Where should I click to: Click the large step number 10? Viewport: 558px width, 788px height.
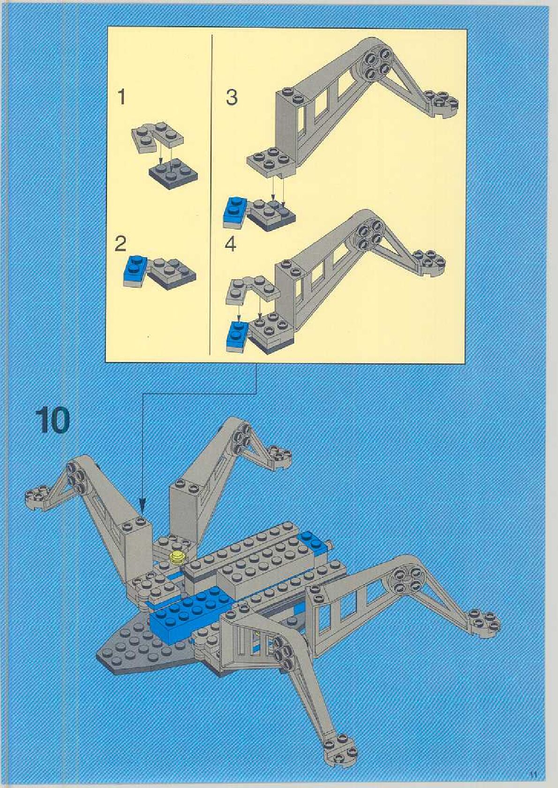(x=52, y=420)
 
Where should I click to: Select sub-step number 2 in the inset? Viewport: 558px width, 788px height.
(x=121, y=244)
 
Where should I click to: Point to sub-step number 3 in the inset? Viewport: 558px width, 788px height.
(x=232, y=97)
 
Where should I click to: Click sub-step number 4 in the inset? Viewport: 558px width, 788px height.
(x=230, y=244)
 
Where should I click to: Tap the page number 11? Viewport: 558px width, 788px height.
(x=533, y=774)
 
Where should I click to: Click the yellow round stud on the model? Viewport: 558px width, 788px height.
(x=178, y=557)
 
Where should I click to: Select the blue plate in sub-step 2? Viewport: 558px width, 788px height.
(x=135, y=270)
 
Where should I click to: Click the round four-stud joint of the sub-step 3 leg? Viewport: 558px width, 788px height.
(x=376, y=64)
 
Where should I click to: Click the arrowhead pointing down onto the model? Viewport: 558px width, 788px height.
(x=142, y=506)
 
